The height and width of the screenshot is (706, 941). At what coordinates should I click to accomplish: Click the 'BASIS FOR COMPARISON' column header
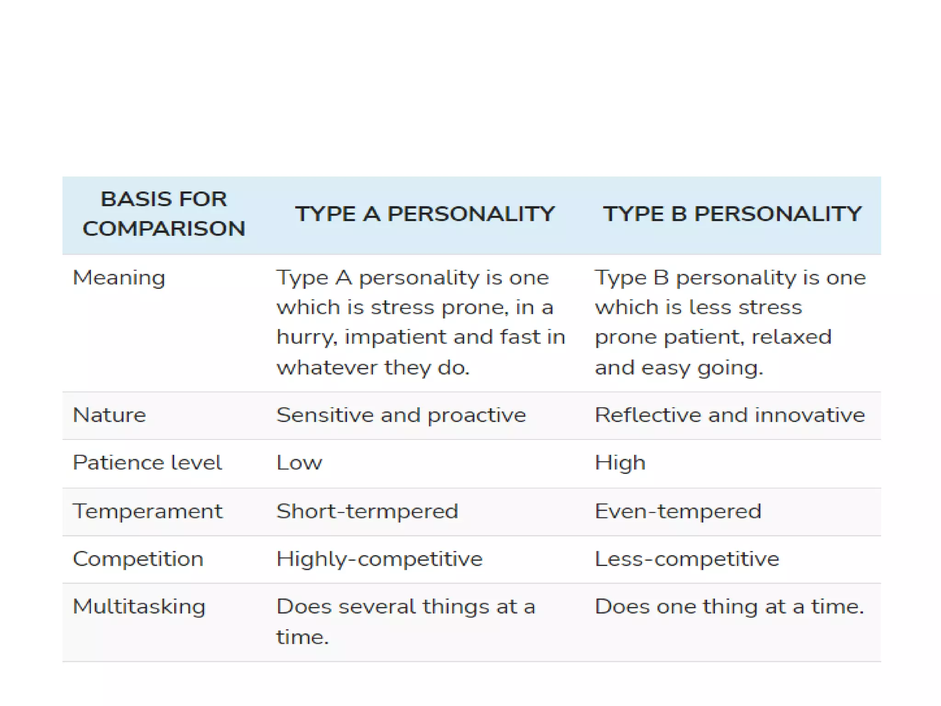(164, 214)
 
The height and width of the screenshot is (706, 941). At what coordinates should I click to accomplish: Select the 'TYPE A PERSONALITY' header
(425, 214)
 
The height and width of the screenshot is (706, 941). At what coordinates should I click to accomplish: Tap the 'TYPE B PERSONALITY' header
(732, 214)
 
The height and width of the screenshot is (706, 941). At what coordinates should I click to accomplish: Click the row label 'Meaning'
(119, 278)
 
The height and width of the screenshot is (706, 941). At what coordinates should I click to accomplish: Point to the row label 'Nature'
(109, 415)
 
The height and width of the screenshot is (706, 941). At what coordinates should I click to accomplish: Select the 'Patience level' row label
(147, 463)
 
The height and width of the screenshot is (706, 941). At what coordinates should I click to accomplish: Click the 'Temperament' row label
(147, 511)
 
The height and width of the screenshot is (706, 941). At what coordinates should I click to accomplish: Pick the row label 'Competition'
(138, 559)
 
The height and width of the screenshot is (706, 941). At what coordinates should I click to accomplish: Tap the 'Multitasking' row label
(139, 607)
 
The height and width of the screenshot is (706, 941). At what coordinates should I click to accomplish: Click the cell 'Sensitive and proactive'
(401, 415)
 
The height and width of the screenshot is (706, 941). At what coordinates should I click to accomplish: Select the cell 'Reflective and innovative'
(730, 415)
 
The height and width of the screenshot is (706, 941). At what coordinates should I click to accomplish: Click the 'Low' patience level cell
(299, 463)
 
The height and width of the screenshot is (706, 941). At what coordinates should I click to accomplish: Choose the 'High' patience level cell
(620, 463)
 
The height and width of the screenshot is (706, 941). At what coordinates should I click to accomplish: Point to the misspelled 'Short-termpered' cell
(367, 511)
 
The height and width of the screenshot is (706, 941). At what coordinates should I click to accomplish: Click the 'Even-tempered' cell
(678, 511)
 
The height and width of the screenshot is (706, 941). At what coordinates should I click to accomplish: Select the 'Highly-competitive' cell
(379, 559)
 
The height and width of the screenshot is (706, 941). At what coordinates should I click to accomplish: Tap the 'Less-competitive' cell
(687, 559)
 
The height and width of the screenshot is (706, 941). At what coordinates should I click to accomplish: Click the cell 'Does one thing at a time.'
(729, 607)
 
